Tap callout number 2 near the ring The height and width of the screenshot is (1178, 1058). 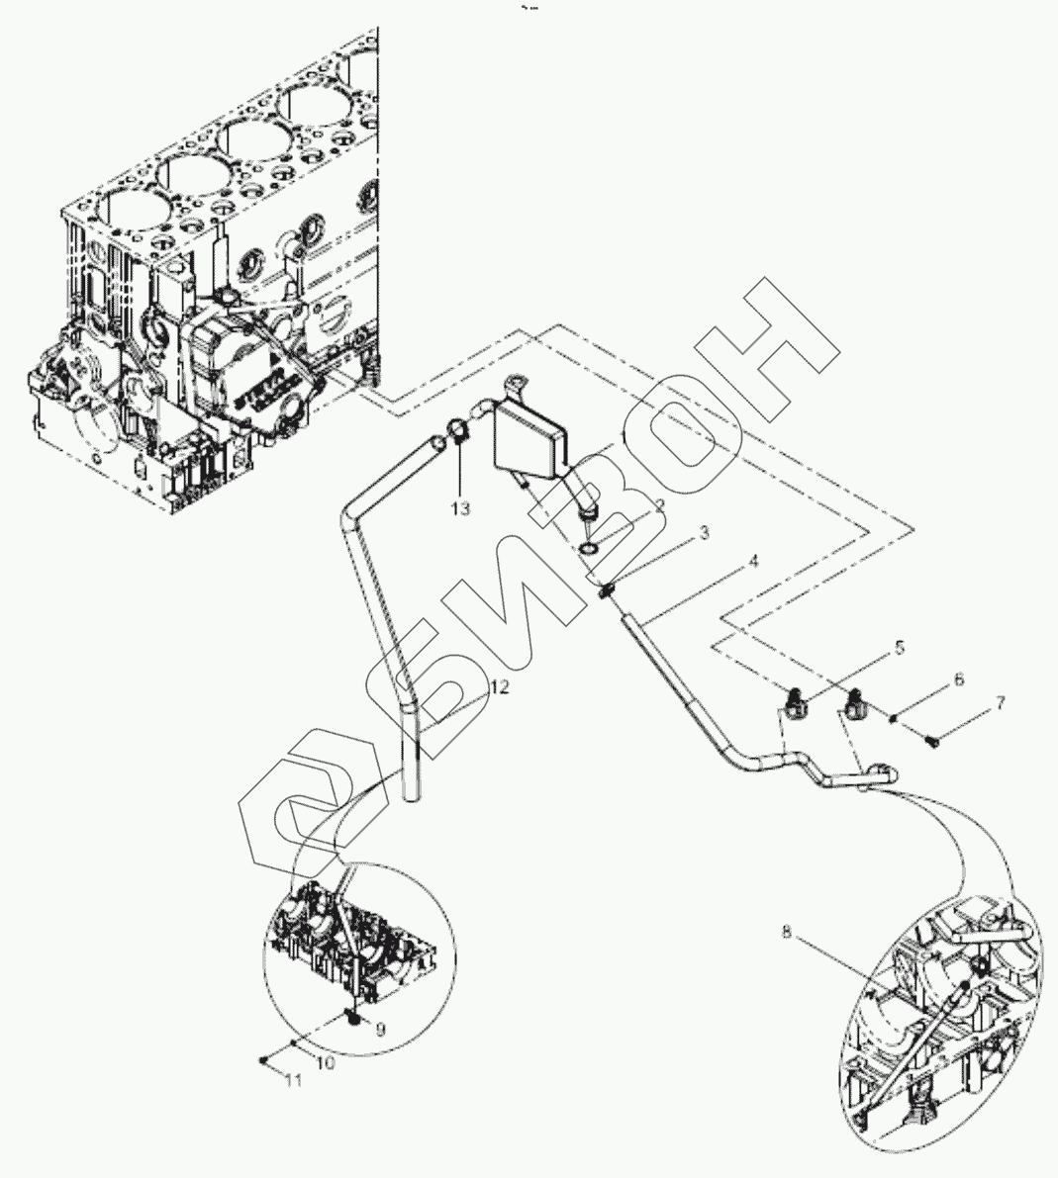(657, 504)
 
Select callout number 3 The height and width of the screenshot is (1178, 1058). (704, 534)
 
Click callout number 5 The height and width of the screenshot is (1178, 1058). (900, 649)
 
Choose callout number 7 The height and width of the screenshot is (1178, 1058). (1000, 703)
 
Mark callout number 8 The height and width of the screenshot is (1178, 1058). (787, 931)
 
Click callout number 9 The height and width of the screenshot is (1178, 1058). (380, 1028)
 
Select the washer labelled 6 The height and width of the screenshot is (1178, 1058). (895, 719)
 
